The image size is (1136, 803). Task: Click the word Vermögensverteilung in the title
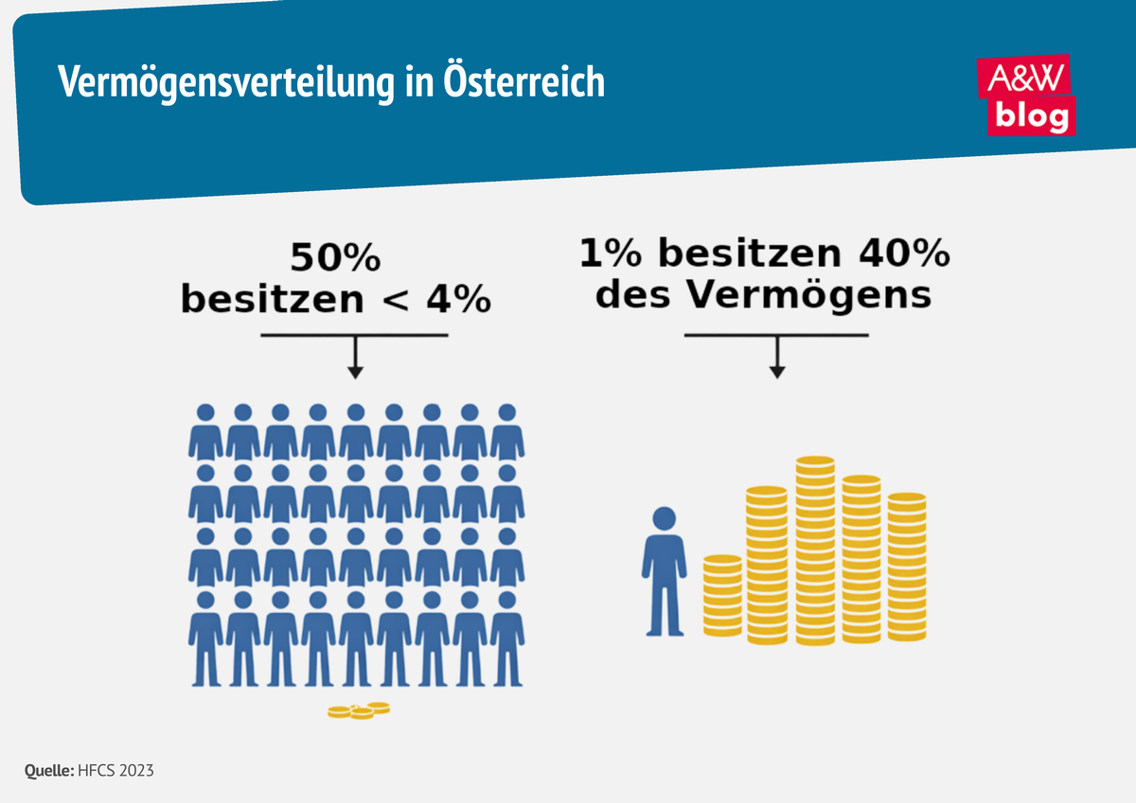click(222, 82)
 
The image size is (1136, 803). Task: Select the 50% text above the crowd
click(335, 259)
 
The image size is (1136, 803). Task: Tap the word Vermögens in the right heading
click(808, 295)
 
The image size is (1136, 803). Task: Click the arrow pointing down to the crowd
click(355, 359)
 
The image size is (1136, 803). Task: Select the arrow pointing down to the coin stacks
click(777, 359)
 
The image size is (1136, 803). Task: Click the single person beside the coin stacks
click(664, 572)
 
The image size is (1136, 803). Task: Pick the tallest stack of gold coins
click(815, 550)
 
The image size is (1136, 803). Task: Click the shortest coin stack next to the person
click(722, 595)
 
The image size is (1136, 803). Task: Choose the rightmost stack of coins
click(907, 567)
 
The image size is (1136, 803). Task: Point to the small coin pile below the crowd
click(359, 710)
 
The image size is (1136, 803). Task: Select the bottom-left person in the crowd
click(204, 638)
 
